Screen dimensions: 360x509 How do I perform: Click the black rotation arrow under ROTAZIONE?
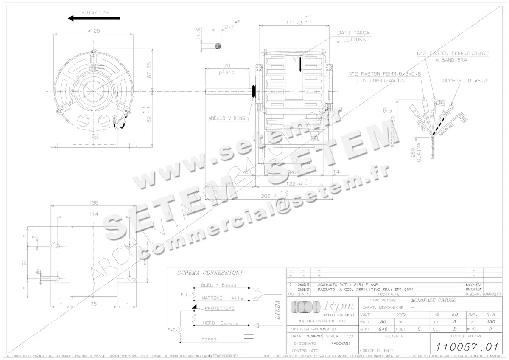point(94,18)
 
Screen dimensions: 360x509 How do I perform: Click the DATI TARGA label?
point(353,33)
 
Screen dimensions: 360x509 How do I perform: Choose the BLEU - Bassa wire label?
point(219,285)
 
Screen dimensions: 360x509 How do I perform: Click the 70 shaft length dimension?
point(227,66)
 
